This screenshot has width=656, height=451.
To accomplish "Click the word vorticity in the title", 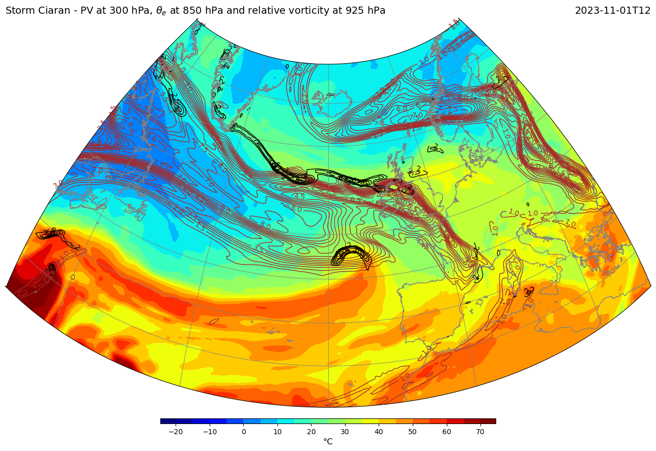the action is tap(319, 11).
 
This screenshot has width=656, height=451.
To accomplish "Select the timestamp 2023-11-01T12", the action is tap(612, 11).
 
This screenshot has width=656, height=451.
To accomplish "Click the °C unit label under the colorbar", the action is tap(328, 441).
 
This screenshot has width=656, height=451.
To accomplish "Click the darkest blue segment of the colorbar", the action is tap(168, 421).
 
